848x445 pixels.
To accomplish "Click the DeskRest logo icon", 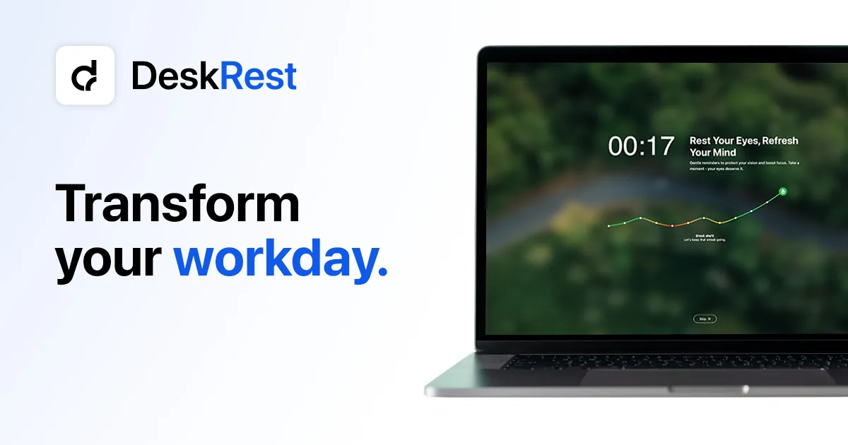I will click(86, 76).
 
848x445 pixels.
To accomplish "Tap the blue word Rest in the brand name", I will click(258, 76).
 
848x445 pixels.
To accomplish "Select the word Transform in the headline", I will click(177, 204).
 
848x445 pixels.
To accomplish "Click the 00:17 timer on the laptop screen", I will click(641, 146).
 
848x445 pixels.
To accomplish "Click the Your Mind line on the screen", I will click(712, 153).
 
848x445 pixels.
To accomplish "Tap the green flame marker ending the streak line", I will click(783, 191).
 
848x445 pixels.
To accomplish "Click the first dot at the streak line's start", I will click(608, 226).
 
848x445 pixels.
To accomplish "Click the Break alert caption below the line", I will click(705, 238).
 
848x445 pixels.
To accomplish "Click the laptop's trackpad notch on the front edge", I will click(707, 389).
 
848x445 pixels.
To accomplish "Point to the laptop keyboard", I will click(671, 362).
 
